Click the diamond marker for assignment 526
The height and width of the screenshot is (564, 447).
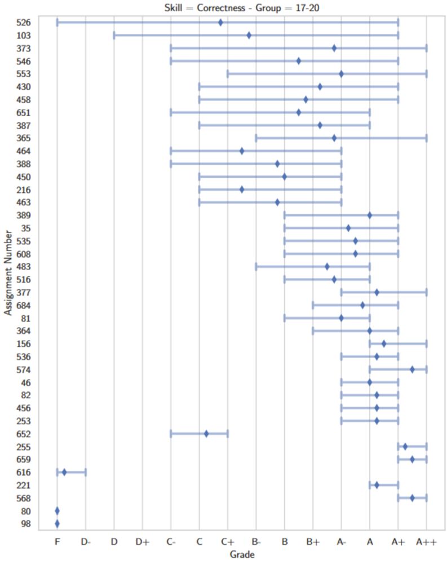(220, 23)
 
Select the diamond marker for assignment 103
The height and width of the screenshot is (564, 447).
(249, 36)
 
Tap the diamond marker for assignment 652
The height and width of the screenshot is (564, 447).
(206, 434)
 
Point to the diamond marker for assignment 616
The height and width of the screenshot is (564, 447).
(64, 472)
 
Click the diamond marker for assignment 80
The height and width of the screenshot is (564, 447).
(57, 511)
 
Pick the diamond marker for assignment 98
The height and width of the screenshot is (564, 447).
(57, 524)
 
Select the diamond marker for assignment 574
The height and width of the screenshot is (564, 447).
(412, 369)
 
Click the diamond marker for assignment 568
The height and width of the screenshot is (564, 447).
(412, 498)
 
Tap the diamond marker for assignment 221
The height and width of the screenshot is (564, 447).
(377, 485)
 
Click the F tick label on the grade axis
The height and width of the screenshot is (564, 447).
(57, 541)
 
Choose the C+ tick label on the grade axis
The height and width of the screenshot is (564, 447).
(227, 541)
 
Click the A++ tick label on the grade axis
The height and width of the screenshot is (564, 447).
(426, 541)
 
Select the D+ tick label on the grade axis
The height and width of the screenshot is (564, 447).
(142, 541)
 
